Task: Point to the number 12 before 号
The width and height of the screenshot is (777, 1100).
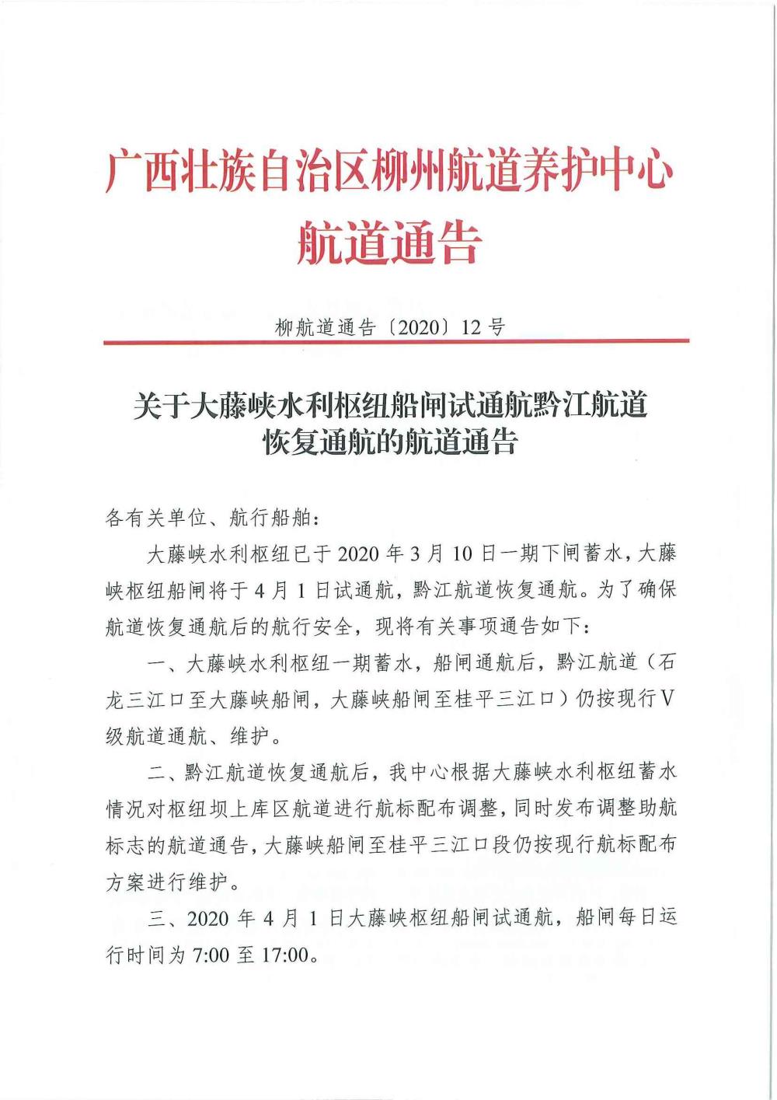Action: pyautogui.click(x=472, y=327)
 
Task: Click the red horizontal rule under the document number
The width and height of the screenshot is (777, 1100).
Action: pyautogui.click(x=396, y=341)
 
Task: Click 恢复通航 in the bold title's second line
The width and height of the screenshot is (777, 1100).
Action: pyautogui.click(x=318, y=442)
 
